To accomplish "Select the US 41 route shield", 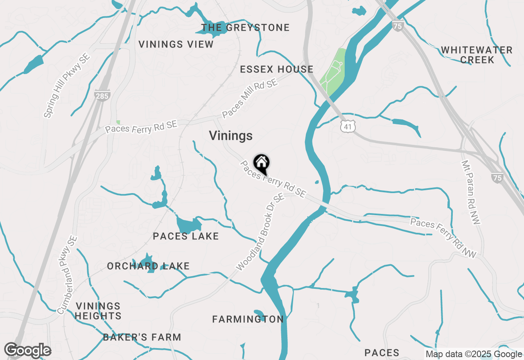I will pyautogui.click(x=347, y=127).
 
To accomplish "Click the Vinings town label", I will pyautogui.click(x=231, y=136).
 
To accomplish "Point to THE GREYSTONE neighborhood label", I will pyautogui.click(x=246, y=28).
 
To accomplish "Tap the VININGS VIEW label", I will pyautogui.click(x=176, y=44).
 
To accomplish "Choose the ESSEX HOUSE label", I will pyautogui.click(x=277, y=69).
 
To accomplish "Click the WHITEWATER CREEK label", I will pyautogui.click(x=477, y=55).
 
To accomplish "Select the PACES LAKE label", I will pyautogui.click(x=186, y=236).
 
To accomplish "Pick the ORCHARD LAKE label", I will pyautogui.click(x=148, y=266).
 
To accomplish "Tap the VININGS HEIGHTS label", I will pyautogui.click(x=98, y=311).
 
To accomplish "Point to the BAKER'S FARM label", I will pyautogui.click(x=142, y=337).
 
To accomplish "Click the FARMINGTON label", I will pyautogui.click(x=248, y=319).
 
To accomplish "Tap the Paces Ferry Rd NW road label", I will pyautogui.click(x=444, y=238).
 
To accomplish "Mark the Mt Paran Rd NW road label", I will pyautogui.click(x=471, y=192).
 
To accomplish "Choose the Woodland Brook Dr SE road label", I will pyautogui.click(x=260, y=232).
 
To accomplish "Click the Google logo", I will pyautogui.click(x=27, y=351).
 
